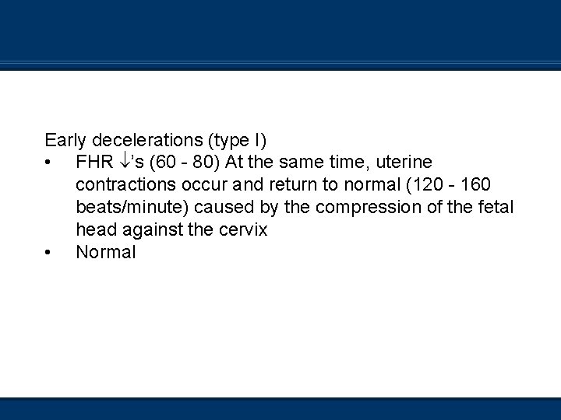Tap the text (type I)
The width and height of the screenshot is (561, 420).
(237, 141)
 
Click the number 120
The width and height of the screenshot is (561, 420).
(425, 185)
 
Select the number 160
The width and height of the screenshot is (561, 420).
(476, 185)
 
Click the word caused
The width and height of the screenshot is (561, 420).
(222, 208)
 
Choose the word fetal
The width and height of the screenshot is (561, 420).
(496, 208)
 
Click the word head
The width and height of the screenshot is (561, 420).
(94, 230)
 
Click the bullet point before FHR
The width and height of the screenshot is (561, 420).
(48, 163)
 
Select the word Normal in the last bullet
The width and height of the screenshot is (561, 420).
(106, 253)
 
